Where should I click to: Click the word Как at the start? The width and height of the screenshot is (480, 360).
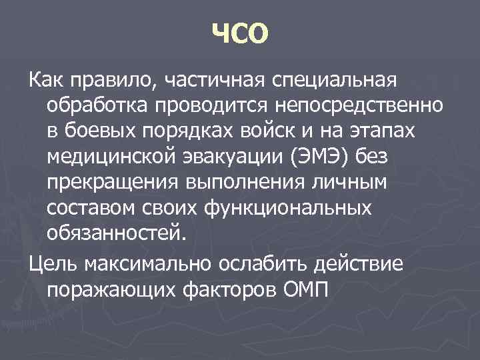[45, 81]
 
